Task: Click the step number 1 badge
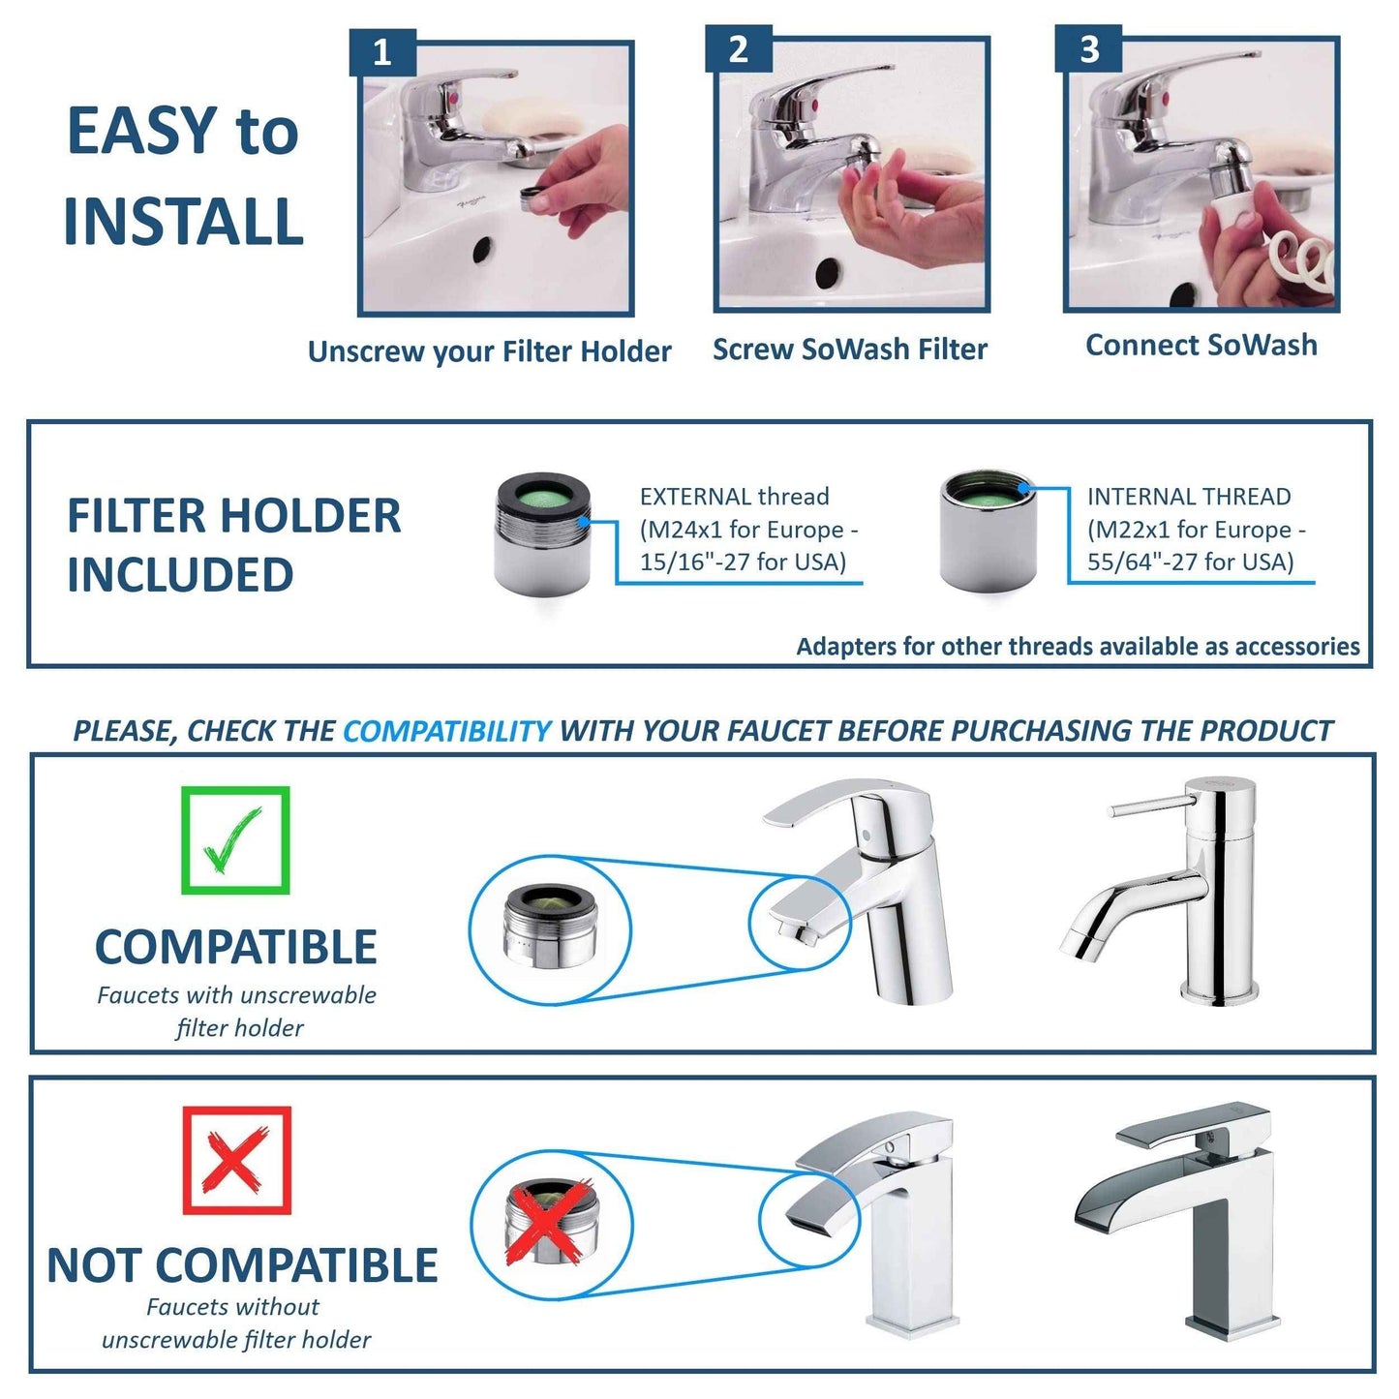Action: click(382, 52)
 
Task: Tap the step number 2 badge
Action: click(738, 49)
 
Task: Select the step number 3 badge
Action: click(1088, 49)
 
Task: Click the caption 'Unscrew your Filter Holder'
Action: click(489, 351)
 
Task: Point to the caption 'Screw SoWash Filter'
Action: click(849, 350)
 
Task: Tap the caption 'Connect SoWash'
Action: click(1201, 346)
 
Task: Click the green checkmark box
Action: click(235, 839)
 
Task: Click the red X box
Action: click(236, 1160)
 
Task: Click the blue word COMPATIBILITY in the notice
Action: click(446, 731)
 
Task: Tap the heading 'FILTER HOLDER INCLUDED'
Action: click(233, 544)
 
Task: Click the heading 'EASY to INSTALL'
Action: click(183, 176)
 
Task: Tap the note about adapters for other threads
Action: click(1078, 647)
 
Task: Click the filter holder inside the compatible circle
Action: click(549, 927)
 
